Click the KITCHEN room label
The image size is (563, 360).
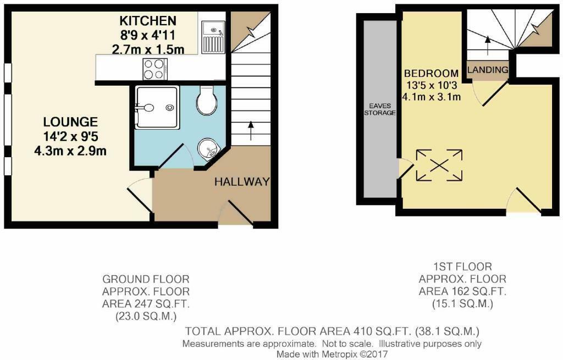[148, 21]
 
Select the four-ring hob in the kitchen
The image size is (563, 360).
[153, 69]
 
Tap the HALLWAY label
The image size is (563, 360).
[242, 182]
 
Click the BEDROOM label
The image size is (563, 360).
[431, 73]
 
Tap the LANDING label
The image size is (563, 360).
[488, 71]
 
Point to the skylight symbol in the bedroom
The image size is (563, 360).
[439, 164]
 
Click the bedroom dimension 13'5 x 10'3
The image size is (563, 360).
[432, 85]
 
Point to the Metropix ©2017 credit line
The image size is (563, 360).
[332, 355]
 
